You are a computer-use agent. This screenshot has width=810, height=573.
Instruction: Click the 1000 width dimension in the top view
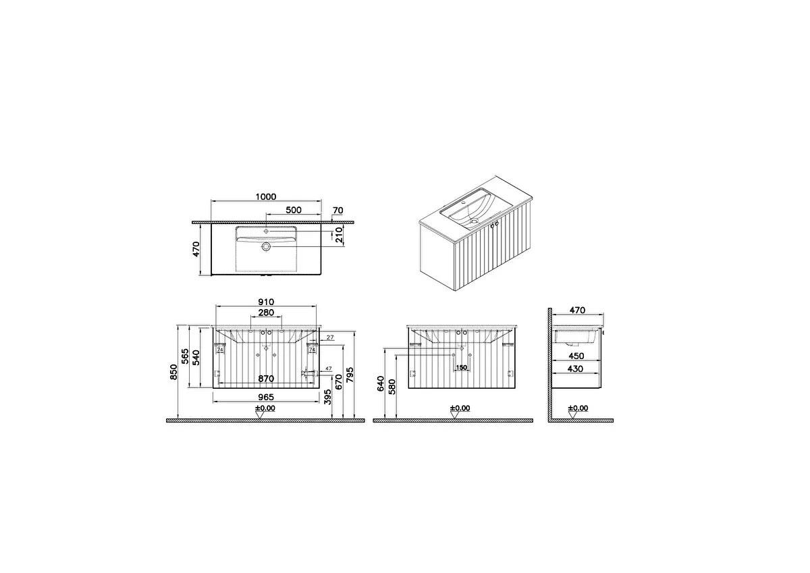tap(266, 196)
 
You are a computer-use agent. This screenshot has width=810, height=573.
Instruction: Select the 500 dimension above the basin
tap(293, 210)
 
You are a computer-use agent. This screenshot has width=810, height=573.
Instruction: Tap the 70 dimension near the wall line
tap(337, 210)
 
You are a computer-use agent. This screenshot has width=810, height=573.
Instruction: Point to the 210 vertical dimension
tap(340, 235)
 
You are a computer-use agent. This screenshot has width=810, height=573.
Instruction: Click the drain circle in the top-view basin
tap(266, 248)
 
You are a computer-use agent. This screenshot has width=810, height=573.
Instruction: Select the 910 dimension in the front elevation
tap(266, 302)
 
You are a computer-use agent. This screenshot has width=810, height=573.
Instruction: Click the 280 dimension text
tap(266, 313)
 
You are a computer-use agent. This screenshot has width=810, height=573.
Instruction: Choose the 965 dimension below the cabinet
tap(266, 393)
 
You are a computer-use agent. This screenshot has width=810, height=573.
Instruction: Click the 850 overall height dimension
tap(173, 372)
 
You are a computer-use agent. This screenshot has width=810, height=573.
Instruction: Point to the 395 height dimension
tap(327, 397)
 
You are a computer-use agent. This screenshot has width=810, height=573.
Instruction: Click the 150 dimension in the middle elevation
tap(461, 368)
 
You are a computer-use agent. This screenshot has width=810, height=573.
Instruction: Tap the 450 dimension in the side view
tap(575, 356)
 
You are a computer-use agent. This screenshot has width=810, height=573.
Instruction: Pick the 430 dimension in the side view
tap(575, 369)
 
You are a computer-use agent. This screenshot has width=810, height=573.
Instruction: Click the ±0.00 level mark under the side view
tap(578, 408)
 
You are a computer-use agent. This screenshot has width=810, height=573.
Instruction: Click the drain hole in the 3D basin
tap(473, 219)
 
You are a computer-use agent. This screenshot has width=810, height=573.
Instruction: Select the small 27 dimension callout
tap(331, 337)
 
